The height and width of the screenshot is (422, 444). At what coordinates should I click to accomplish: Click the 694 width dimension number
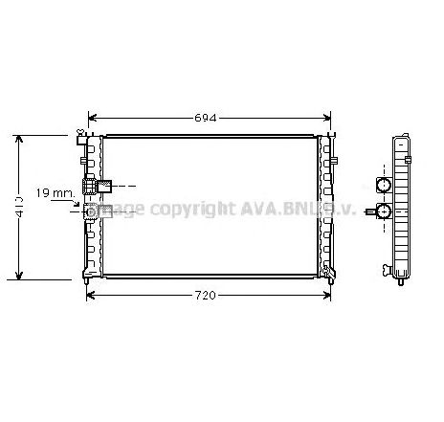(207, 119)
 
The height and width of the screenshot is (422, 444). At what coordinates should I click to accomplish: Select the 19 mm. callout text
(55, 193)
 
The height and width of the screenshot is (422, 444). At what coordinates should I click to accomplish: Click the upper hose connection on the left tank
(99, 186)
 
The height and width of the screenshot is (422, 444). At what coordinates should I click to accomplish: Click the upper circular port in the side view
(385, 185)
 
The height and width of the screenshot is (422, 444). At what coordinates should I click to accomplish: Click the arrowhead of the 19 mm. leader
(84, 202)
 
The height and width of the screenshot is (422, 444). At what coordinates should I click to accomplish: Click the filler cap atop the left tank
(82, 132)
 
